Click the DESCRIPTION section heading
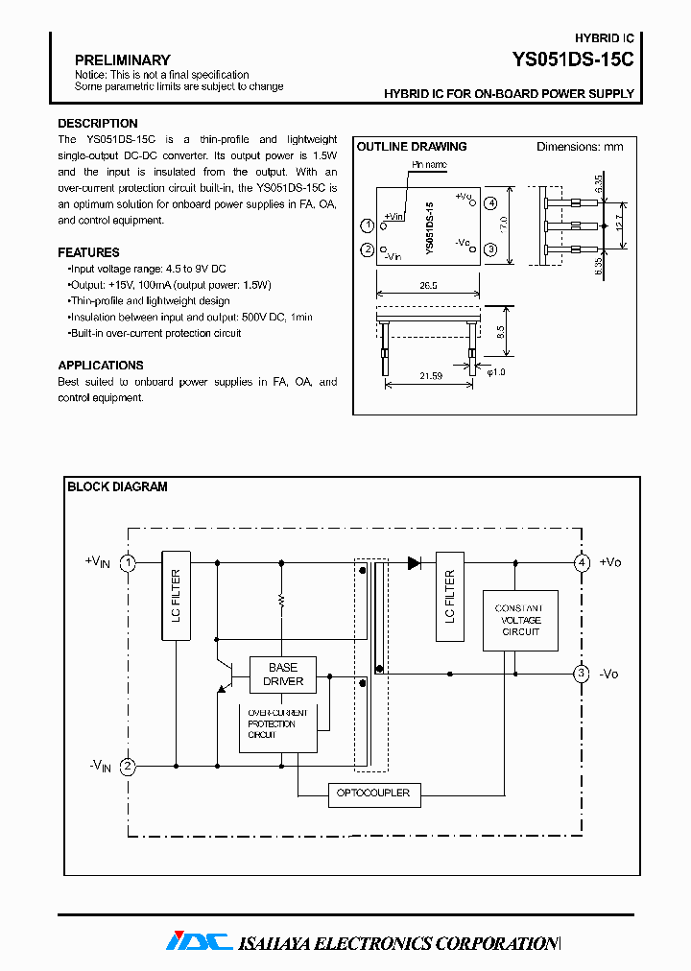pos(97,124)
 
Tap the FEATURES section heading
pos(88,253)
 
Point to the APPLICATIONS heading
pos(100,366)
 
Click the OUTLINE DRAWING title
pos(412,147)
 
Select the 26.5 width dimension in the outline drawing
pos(427,286)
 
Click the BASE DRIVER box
pos(283,675)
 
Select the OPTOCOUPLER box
pos(373,793)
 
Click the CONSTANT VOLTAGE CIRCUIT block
pos(518,620)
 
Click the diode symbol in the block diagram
pos(415,563)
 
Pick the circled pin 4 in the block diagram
pos(582,563)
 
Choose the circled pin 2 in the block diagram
pos(128,767)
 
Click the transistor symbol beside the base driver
pos(226,674)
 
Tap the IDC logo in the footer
pos(199,942)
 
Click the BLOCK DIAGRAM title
pos(117,487)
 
